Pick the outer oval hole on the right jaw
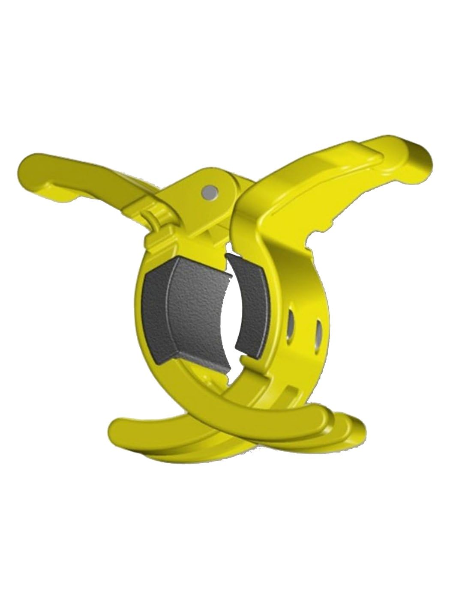318,332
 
